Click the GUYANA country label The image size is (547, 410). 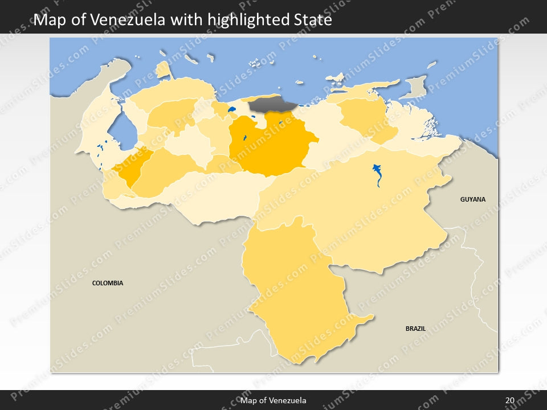coord(473,199)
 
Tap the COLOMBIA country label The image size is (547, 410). coord(108,283)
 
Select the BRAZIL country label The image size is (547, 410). coord(415,329)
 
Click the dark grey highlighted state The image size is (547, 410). coord(272,104)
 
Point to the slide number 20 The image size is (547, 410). coord(509,400)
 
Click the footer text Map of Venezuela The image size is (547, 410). coord(273,400)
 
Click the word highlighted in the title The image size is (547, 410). coord(246,20)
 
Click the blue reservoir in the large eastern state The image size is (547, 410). coord(377,174)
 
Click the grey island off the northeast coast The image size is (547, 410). coord(415,87)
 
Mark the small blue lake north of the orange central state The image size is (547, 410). coord(231,109)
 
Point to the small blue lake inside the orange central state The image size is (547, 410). coord(244,138)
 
